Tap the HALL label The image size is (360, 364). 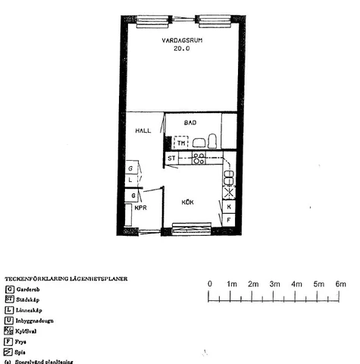(x=142, y=130)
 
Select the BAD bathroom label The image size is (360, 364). (x=190, y=121)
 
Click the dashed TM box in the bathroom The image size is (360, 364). (x=181, y=142)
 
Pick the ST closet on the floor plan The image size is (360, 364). (x=172, y=158)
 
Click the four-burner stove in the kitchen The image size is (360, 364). (x=199, y=158)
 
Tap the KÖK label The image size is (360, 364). (x=189, y=202)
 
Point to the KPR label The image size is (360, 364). (x=141, y=207)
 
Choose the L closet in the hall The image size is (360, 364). (x=131, y=180)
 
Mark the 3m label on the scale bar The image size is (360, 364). (x=275, y=284)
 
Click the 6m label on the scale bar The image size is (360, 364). (x=340, y=284)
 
